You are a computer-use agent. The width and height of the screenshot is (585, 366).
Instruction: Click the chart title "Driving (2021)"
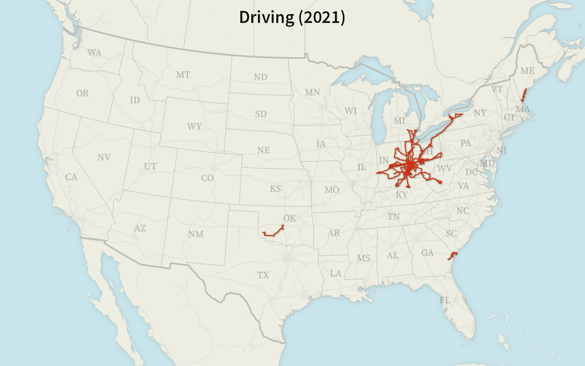click(x=292, y=17)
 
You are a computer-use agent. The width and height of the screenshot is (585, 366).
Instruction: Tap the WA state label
click(x=94, y=53)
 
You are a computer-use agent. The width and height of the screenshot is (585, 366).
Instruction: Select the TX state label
click(x=263, y=275)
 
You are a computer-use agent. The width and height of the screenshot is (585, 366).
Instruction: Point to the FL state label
click(x=445, y=300)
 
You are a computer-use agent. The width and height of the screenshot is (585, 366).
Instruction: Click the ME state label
click(x=527, y=71)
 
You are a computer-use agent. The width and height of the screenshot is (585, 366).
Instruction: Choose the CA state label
click(x=71, y=177)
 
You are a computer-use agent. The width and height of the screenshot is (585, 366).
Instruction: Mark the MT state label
click(x=183, y=75)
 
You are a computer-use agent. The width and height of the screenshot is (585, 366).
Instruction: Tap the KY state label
click(x=402, y=195)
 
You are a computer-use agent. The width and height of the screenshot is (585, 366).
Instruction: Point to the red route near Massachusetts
click(x=524, y=95)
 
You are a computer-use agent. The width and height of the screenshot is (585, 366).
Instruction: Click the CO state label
click(x=207, y=178)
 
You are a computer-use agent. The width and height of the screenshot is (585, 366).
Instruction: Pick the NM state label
click(x=196, y=234)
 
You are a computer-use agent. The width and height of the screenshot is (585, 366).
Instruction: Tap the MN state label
click(x=312, y=92)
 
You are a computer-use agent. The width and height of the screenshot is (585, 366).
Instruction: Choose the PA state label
click(x=466, y=143)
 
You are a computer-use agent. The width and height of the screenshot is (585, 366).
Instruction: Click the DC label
click(x=471, y=172)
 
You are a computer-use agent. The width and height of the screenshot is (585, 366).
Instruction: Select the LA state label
click(x=335, y=273)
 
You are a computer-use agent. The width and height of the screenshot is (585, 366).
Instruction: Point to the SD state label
click(x=260, y=114)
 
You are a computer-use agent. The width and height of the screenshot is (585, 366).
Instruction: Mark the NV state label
click(x=104, y=157)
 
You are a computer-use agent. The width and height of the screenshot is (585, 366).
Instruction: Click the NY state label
click(x=480, y=113)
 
